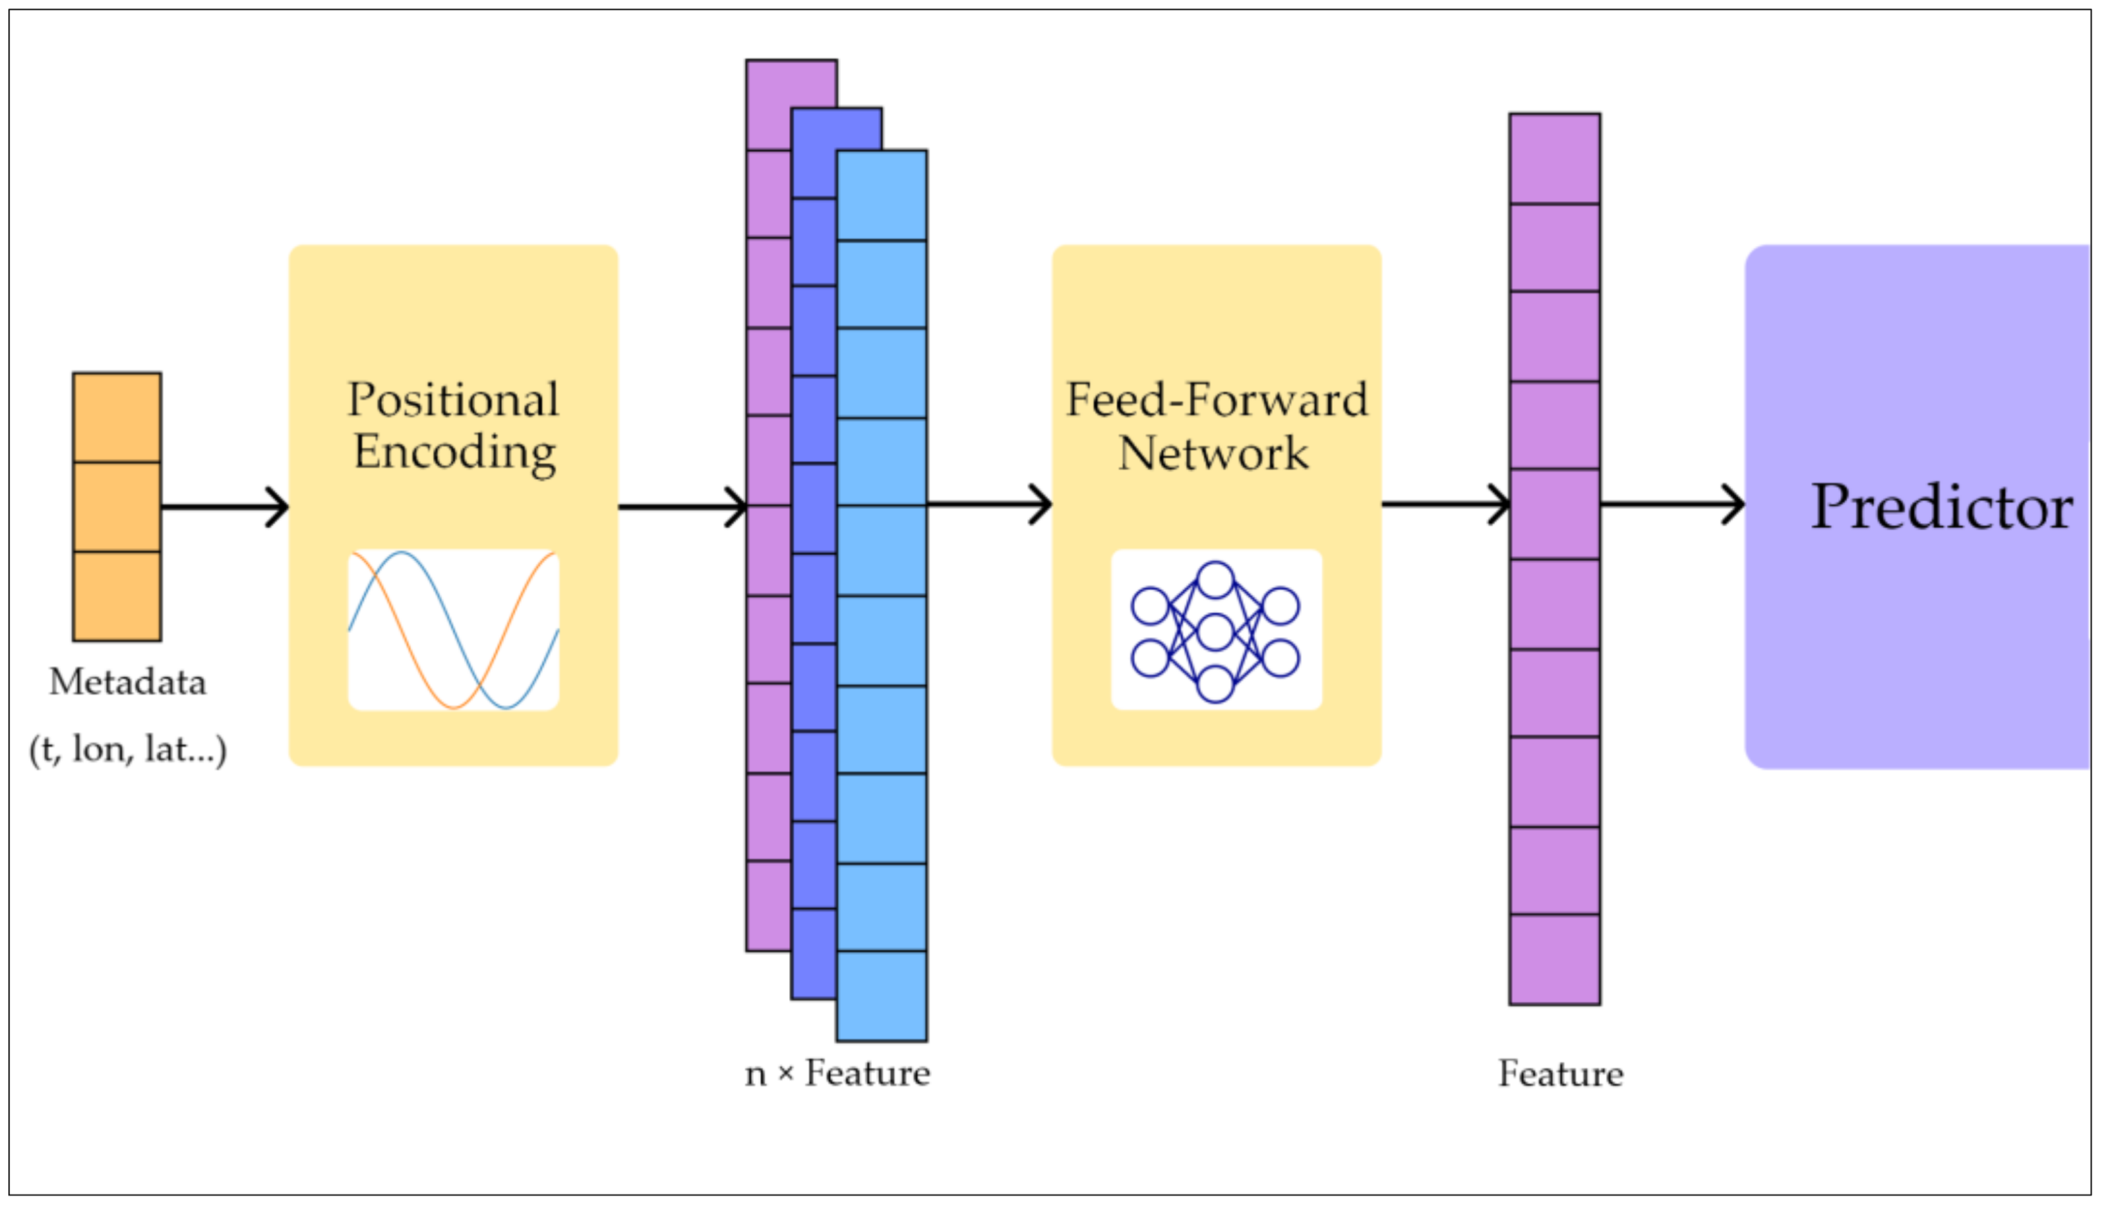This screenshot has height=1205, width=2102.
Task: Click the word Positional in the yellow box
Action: pyautogui.click(x=453, y=400)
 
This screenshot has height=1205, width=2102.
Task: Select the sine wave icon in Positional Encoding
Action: pyautogui.click(x=453, y=630)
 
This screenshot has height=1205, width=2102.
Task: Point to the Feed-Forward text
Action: pyautogui.click(x=1216, y=400)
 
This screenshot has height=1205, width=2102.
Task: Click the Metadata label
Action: pyautogui.click(x=128, y=682)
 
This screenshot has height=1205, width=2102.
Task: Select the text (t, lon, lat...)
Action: pyautogui.click(x=128, y=749)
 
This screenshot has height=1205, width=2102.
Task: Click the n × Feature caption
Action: pyautogui.click(x=836, y=1073)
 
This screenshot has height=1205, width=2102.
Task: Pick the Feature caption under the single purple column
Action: pyautogui.click(x=1560, y=1074)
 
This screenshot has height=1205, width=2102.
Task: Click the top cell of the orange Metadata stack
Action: pyautogui.click(x=117, y=417)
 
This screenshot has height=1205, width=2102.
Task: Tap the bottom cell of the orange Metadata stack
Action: pyautogui.click(x=117, y=596)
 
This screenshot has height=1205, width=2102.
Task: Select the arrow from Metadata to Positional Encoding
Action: pyautogui.click(x=223, y=506)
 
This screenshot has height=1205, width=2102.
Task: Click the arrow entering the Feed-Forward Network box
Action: pyautogui.click(x=988, y=504)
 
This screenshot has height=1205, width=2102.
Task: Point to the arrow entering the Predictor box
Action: pyautogui.click(x=1671, y=504)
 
